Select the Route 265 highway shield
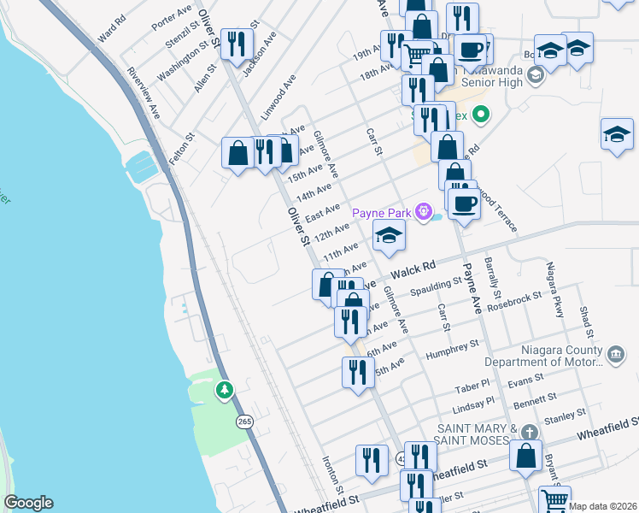click(x=245, y=422)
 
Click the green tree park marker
click(x=224, y=391)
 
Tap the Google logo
click(x=28, y=503)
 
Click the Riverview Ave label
click(x=144, y=92)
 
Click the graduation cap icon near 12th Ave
click(x=388, y=234)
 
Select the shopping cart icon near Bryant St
click(x=554, y=499)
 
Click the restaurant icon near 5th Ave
click(x=357, y=372)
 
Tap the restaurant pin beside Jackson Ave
click(x=237, y=43)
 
